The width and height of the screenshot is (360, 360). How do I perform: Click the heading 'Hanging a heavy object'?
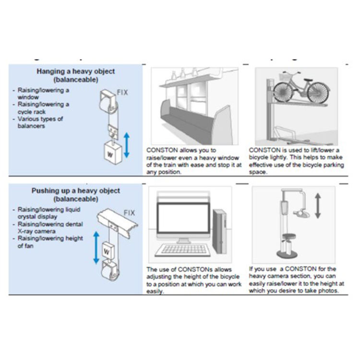point(76,72)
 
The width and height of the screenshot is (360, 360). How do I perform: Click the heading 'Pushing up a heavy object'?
point(76,191)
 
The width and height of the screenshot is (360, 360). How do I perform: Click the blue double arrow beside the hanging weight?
point(127,145)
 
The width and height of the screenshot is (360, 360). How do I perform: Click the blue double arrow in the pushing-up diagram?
point(96,247)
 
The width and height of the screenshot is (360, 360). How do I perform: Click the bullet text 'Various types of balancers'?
point(40,122)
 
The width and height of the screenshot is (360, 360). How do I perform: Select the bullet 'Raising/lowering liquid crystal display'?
point(48,213)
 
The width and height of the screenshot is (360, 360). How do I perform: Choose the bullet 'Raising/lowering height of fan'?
point(50,242)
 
